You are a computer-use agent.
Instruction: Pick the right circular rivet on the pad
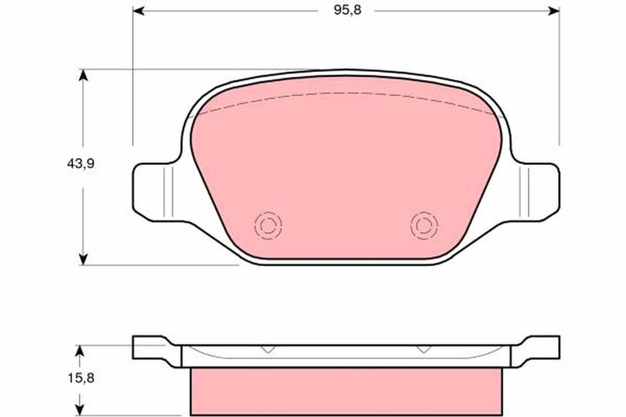tap(423, 225)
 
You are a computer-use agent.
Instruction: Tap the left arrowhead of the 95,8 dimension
tap(139, 11)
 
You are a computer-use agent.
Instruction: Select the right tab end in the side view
tap(548, 347)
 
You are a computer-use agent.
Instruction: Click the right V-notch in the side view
tap(423, 349)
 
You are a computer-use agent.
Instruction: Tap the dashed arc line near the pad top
tap(344, 95)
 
